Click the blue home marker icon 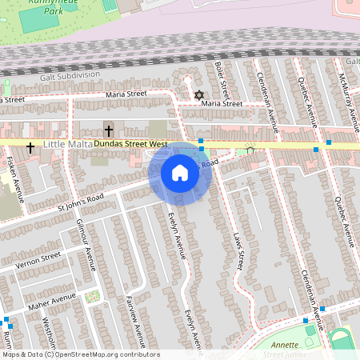[x=180, y=173]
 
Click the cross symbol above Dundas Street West [x=109, y=130]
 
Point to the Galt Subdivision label [x=70, y=76]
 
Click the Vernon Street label [x=38, y=259]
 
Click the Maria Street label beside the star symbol [x=222, y=103]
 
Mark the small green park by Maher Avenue [x=92, y=298]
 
